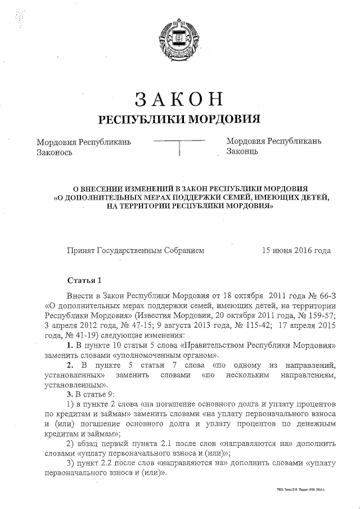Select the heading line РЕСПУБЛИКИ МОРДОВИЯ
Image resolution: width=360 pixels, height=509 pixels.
coord(179,119)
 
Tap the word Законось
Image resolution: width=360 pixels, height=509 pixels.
coord(55,151)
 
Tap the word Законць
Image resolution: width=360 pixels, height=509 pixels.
coord(242,151)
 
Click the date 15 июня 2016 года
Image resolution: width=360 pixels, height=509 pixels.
coord(296,251)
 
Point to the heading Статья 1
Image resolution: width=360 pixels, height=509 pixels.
coord(84,280)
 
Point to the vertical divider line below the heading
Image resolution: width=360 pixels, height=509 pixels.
coord(179,148)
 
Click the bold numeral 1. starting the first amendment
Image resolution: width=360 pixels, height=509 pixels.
coord(70,345)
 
